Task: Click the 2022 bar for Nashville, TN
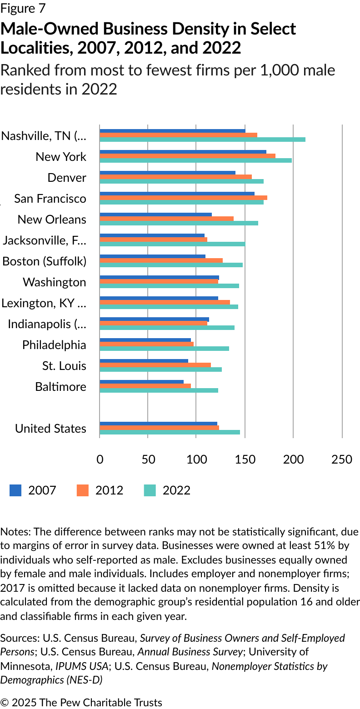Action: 202,139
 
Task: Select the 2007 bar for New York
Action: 183,152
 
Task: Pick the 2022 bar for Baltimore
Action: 159,390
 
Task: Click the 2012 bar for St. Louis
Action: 155,365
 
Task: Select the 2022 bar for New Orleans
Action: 179,223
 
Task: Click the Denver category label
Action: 67,178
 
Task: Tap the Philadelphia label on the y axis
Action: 54,345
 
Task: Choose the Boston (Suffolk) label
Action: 44,261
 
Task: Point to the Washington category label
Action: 54,282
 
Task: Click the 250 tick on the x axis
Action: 342,459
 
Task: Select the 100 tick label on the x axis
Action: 196,459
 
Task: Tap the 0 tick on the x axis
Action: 100,459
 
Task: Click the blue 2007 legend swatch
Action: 15,490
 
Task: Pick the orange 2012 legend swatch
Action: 83,490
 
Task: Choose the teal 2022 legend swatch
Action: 150,490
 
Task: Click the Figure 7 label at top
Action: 23,9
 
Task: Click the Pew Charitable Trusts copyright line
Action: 81,702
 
